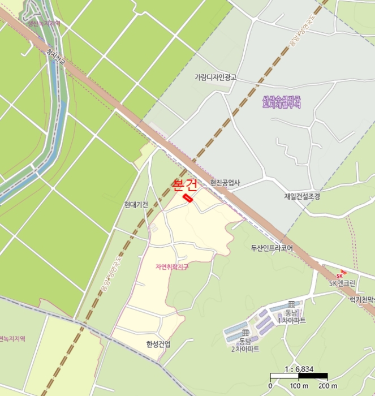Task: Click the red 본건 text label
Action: pyautogui.click(x=184, y=185)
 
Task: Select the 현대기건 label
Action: pyautogui.click(x=136, y=205)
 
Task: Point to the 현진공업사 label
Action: pyautogui.click(x=225, y=183)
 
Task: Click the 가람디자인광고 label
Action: pyautogui.click(x=215, y=77)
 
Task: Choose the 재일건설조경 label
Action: pyautogui.click(x=302, y=196)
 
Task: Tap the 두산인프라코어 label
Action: pyautogui.click(x=271, y=248)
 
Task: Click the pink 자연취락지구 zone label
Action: pyautogui.click(x=172, y=266)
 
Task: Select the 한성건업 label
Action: pyautogui.click(x=158, y=344)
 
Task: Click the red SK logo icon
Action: pyautogui.click(x=340, y=275)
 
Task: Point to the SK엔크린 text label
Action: pyautogui.click(x=343, y=283)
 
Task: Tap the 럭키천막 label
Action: pyautogui.click(x=363, y=299)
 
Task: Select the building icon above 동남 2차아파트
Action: pyautogui.click(x=244, y=333)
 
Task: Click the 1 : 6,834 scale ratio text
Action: pyautogui.click(x=299, y=369)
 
